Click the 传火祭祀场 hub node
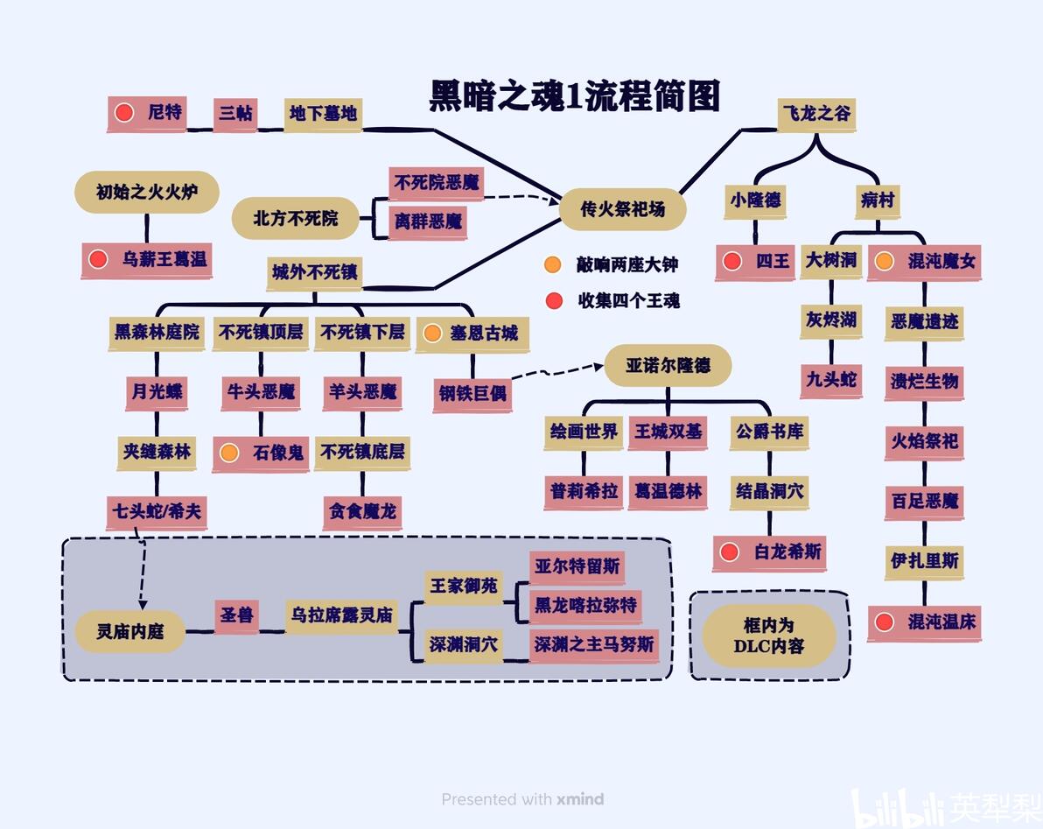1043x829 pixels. point(623,209)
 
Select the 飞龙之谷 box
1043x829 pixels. point(816,114)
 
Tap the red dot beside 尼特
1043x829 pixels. point(123,112)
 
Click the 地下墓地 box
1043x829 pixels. point(323,115)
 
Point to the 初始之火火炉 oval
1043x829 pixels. point(147,193)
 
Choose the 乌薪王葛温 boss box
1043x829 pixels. point(147,259)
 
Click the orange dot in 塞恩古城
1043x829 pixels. point(432,334)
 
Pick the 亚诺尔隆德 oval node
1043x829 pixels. point(668,365)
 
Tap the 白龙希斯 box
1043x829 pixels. point(770,552)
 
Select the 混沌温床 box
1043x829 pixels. point(925,622)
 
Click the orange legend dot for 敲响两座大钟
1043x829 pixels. point(553,264)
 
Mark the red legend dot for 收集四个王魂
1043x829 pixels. point(554,301)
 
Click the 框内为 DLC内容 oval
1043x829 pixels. point(769,636)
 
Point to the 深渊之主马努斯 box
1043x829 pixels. point(594,644)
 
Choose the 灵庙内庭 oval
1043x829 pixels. point(129,631)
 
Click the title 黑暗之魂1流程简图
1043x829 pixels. point(575,95)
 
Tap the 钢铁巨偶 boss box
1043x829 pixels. point(472,394)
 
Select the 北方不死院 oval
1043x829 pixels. point(296,218)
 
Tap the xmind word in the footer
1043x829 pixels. point(581,798)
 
